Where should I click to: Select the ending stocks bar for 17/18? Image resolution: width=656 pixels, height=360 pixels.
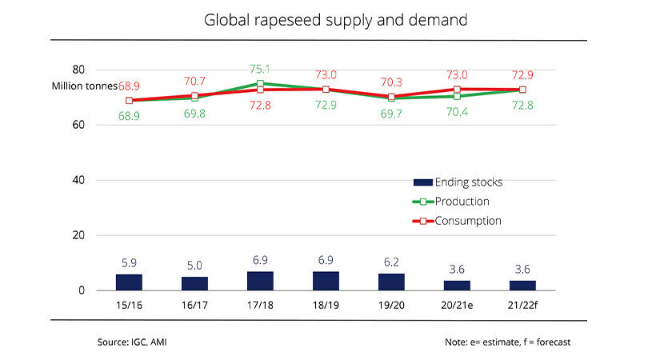(x=260, y=281)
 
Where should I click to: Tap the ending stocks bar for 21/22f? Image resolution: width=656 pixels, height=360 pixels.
(x=522, y=286)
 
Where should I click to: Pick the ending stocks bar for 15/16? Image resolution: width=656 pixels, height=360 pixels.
(x=129, y=282)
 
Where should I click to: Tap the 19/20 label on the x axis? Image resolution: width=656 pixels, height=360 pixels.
(x=391, y=306)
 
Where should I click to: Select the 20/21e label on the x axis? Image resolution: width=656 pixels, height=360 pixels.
(x=456, y=306)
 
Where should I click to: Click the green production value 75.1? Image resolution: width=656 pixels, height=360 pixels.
(x=260, y=69)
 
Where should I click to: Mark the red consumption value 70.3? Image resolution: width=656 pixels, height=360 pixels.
(x=391, y=82)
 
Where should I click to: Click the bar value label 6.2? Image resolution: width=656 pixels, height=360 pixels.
(x=391, y=261)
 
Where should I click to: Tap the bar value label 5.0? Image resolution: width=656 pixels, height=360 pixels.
(x=194, y=264)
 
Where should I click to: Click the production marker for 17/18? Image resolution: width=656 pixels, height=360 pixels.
(x=260, y=83)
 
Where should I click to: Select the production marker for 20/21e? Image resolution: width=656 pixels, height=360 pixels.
(x=457, y=96)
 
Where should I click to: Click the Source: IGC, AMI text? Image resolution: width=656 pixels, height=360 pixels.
(x=132, y=342)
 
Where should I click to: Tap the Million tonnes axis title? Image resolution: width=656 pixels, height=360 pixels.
(x=85, y=86)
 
